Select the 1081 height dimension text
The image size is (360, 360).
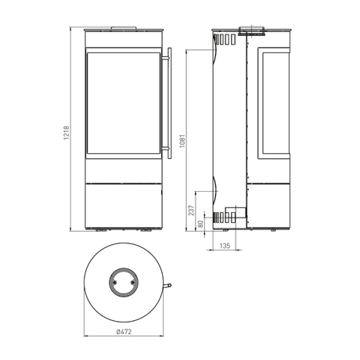tap(183, 140)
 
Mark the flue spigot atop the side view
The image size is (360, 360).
tap(255, 33)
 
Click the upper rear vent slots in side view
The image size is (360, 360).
tap(225, 38)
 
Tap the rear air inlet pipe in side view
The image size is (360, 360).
tap(235, 212)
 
